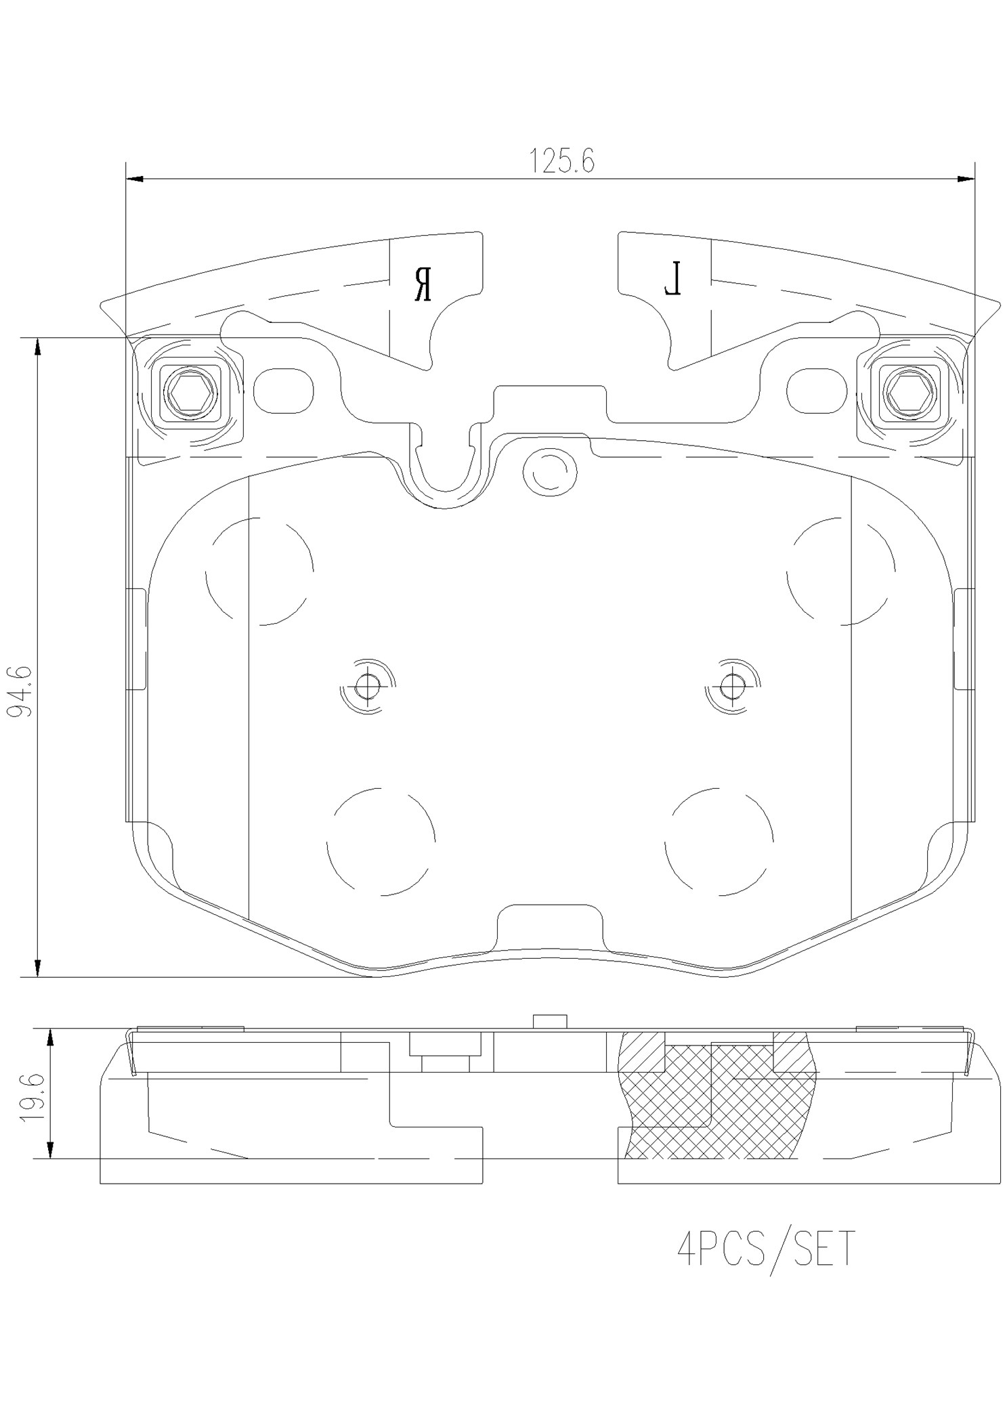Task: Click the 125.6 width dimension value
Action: click(x=561, y=161)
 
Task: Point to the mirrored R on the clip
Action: click(x=423, y=284)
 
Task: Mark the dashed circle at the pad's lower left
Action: click(x=381, y=841)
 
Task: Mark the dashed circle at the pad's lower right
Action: click(x=719, y=841)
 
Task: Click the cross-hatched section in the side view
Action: click(x=718, y=1110)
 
